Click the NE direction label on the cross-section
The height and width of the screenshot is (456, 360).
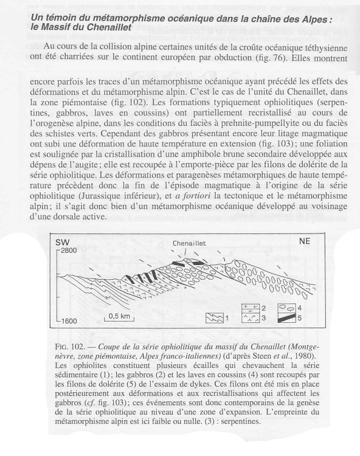[305, 241]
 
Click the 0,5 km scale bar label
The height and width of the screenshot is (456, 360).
[120, 316]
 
